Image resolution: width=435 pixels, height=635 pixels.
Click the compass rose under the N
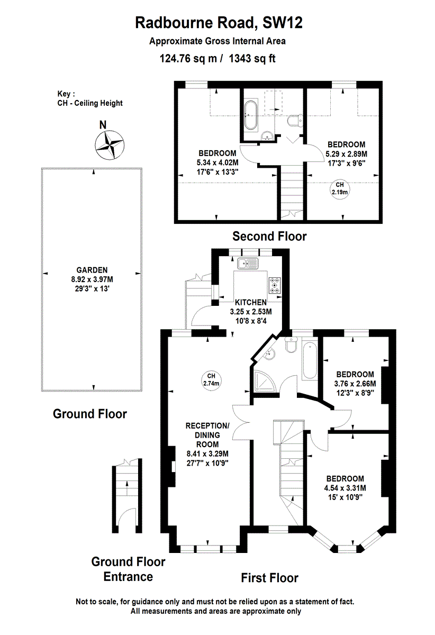(110, 146)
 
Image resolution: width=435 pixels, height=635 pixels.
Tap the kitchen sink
(248, 264)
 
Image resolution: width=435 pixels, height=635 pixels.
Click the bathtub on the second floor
(251, 115)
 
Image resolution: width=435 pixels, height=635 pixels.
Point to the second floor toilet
(295, 121)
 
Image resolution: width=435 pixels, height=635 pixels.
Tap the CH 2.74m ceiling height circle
(211, 380)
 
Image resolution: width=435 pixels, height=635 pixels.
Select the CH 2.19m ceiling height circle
(340, 189)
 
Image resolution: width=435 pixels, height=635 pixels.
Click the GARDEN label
(92, 270)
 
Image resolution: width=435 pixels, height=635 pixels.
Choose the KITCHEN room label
(251, 303)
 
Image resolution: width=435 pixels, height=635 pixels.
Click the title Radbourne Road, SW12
(219, 23)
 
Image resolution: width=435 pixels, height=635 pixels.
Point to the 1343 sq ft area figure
(252, 58)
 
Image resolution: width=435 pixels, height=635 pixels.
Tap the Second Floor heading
(269, 236)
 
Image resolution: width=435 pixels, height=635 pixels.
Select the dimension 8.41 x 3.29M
(207, 454)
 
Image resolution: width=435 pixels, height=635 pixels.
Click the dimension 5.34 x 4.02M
(217, 163)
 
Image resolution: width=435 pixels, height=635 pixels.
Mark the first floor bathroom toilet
(291, 344)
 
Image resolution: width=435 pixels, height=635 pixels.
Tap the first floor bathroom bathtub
(310, 360)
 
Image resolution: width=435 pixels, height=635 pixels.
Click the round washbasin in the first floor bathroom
(270, 354)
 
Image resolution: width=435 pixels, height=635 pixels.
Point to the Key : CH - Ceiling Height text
(90, 98)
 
